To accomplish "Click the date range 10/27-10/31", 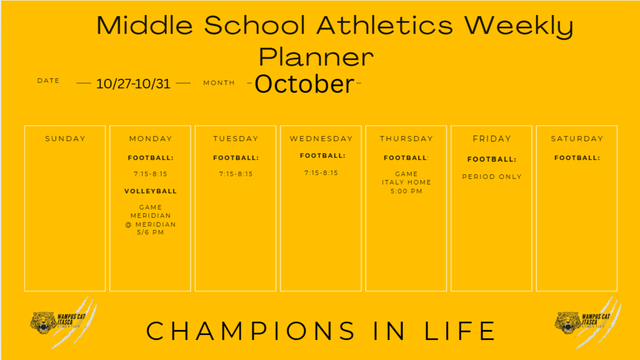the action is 133,84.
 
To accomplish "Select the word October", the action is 304,84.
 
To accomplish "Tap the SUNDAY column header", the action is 65,139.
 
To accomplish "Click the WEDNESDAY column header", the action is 321,139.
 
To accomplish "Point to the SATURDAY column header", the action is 577,139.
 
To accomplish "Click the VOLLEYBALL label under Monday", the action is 151,191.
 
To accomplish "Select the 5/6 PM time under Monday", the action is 151,232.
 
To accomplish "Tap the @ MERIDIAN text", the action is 151,224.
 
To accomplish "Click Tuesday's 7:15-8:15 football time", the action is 236,174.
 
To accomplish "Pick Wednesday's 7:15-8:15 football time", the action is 321,173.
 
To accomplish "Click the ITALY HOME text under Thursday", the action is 406,182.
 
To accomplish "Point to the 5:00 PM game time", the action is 406,191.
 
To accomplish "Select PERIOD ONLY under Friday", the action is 492,177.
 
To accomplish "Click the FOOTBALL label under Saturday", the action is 577,158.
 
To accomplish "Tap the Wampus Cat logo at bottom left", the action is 62,322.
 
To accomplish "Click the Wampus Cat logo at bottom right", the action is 587,322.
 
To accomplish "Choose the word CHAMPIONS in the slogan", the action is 251,331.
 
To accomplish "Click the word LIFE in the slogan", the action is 460,331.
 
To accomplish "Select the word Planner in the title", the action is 316,56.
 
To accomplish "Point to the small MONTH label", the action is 219,83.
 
